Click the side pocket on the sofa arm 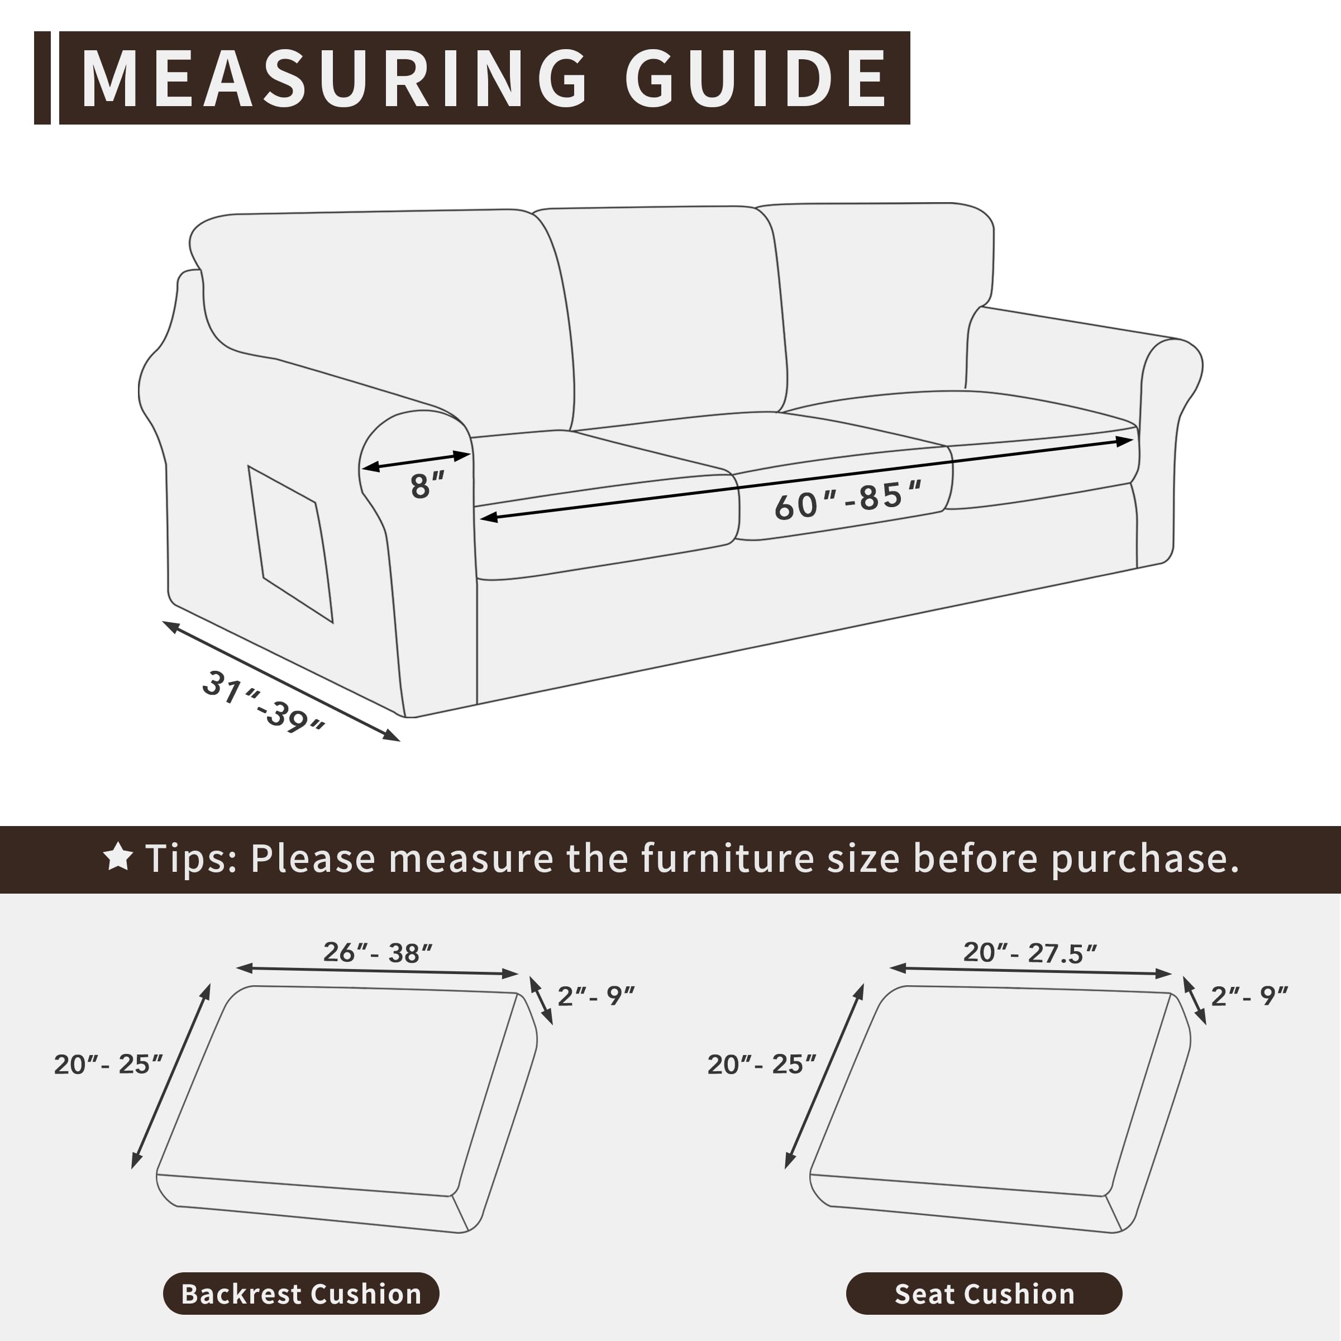[x=290, y=543]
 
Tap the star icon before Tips [x=118, y=857]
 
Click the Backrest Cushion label [x=301, y=1294]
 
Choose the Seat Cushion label [x=984, y=1294]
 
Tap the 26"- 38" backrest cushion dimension [x=378, y=953]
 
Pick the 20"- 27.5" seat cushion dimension [x=1030, y=953]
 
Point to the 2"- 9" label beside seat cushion [x=1249, y=996]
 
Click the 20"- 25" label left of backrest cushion [x=108, y=1064]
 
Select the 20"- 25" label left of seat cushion [x=761, y=1064]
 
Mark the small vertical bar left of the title [x=42, y=78]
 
